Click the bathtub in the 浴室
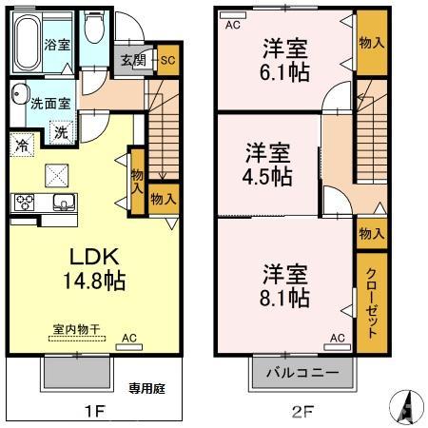point(28,43)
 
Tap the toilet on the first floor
point(94,28)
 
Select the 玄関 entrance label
point(133,60)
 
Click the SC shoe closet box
point(168,60)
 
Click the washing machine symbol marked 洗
point(62,132)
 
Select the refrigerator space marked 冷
point(22,145)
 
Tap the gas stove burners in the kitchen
point(25,203)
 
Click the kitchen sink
point(65,203)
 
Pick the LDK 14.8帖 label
point(95,269)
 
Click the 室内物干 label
point(76,329)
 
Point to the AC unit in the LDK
point(129,347)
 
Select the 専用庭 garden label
point(146,388)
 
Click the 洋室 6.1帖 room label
point(284,60)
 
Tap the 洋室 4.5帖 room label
point(267,165)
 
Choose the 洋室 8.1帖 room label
point(284,286)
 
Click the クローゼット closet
point(372,302)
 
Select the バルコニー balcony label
point(302,372)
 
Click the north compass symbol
point(406,407)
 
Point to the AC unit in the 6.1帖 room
point(233,15)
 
